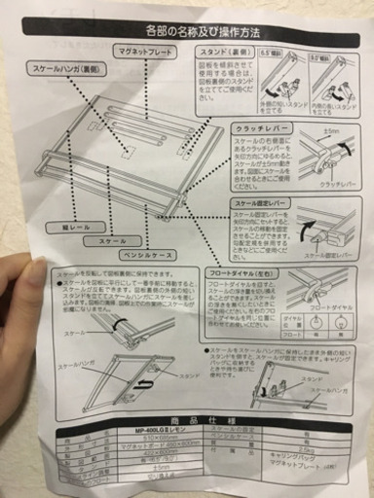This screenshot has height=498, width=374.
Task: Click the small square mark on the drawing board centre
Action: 127,151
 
